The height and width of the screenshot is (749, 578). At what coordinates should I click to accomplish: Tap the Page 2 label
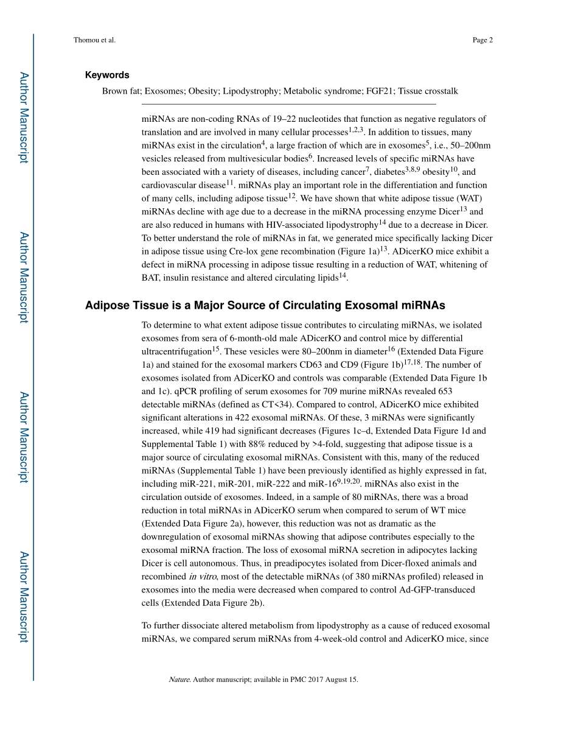coord(482,40)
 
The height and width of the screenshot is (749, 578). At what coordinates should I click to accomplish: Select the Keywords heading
coord(107,75)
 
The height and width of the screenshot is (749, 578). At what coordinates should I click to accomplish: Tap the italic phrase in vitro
coord(200,577)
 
